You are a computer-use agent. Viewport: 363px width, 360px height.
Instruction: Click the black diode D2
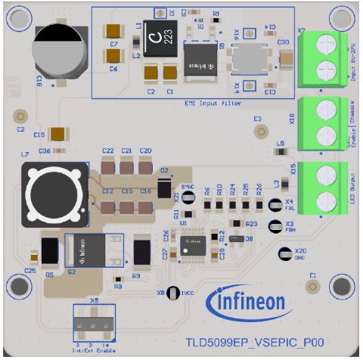point(164,188)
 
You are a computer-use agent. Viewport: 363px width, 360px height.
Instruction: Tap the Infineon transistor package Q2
point(95,250)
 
